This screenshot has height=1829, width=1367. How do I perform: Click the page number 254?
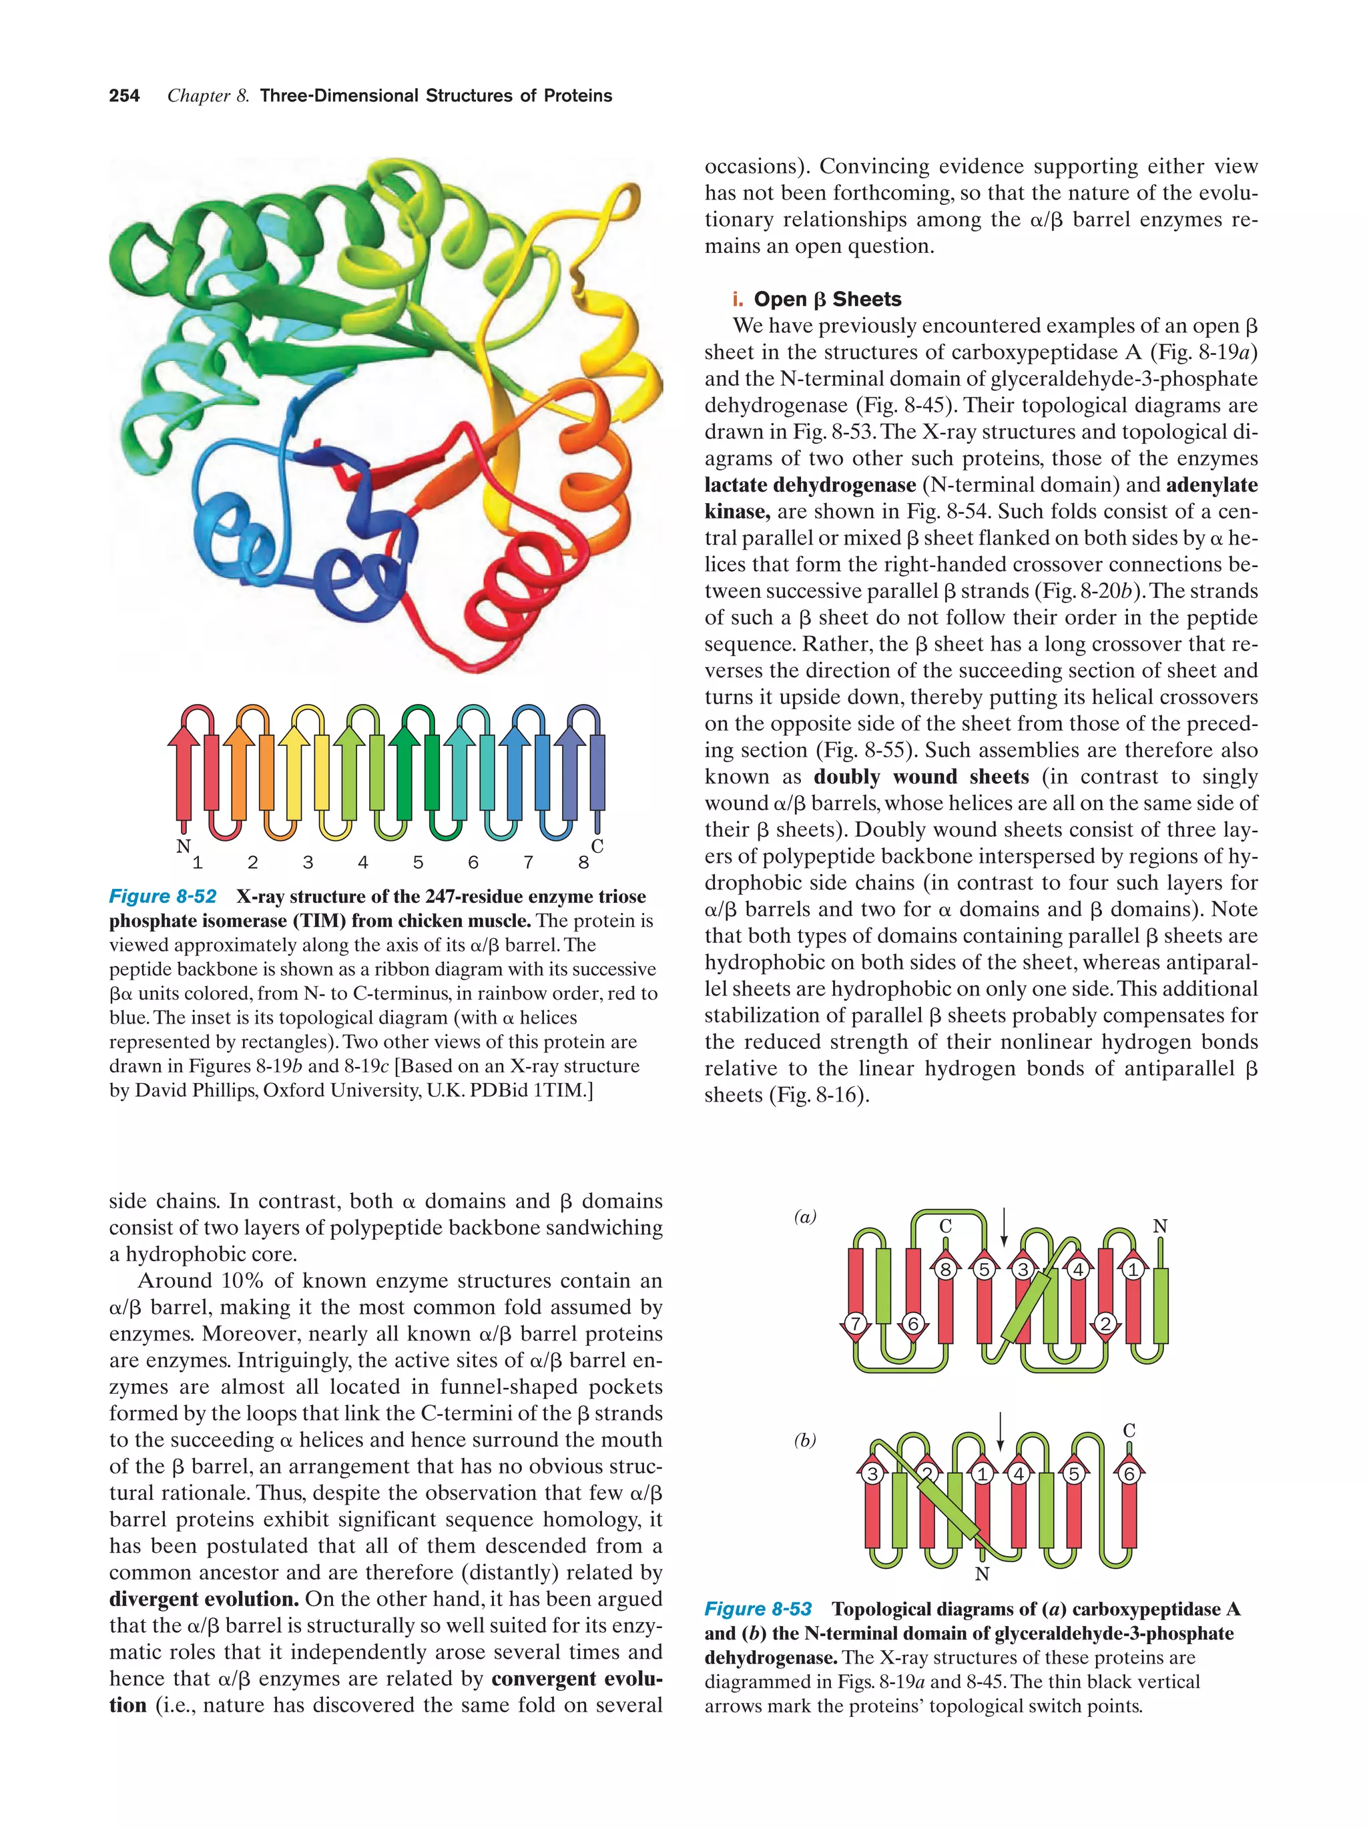(124, 96)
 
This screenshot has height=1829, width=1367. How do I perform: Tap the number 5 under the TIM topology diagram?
(418, 862)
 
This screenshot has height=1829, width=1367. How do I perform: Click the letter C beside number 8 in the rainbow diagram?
(597, 846)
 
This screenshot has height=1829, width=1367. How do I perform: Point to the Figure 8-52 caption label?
(163, 896)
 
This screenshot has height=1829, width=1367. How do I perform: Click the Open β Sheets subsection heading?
(827, 300)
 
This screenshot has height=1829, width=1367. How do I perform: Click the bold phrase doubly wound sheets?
(921, 777)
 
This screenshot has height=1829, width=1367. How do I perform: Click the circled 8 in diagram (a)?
(945, 1269)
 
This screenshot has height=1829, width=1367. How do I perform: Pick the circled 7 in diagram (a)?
(856, 1324)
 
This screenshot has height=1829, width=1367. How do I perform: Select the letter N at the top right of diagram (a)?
(1159, 1226)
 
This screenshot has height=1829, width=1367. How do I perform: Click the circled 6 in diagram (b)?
(1129, 1473)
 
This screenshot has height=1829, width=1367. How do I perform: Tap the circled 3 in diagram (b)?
(872, 1473)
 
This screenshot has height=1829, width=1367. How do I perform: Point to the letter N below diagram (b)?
(982, 1574)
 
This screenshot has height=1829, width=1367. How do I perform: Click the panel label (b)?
(805, 1441)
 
